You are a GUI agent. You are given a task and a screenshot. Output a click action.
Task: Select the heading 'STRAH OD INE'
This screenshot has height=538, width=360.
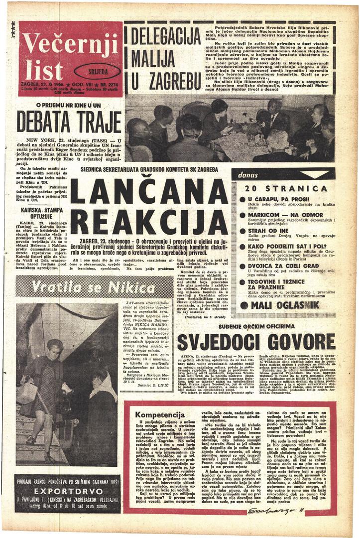coord(268,231)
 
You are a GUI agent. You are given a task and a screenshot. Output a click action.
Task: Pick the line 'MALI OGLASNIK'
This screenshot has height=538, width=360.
coord(284,304)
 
